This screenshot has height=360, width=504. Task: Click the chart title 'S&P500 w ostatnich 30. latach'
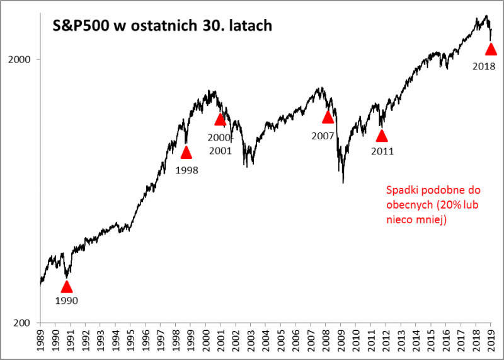coord(161,26)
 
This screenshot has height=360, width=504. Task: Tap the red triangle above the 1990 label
coord(67,287)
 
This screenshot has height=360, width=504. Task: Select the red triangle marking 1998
coord(186,152)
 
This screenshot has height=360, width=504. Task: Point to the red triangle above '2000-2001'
coord(220,120)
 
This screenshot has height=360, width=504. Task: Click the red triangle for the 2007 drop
coord(328,117)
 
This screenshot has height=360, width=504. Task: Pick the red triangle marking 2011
coord(381,135)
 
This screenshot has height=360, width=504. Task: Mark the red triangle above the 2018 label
coord(491,49)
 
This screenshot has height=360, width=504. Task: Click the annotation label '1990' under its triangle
coord(67,301)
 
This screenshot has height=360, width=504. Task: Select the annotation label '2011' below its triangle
coord(382,151)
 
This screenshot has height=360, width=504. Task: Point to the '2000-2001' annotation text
coord(220,144)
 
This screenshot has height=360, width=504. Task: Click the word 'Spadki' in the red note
coord(399,190)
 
